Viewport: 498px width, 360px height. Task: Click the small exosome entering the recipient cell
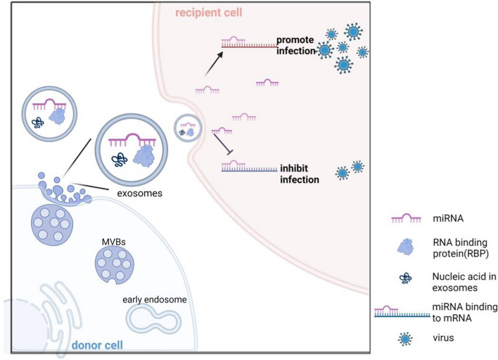(x=185, y=129)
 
